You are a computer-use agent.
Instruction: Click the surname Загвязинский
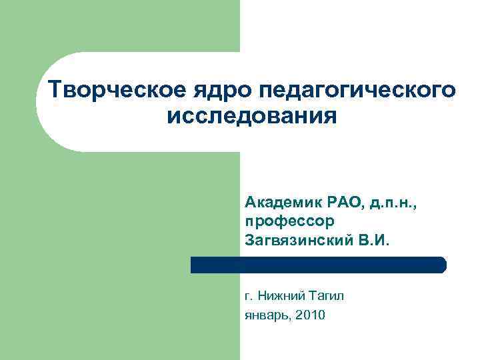[297, 239]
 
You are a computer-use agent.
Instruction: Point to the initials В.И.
[371, 239]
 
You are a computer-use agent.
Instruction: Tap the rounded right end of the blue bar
[441, 265]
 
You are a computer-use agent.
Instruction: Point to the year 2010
[311, 315]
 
